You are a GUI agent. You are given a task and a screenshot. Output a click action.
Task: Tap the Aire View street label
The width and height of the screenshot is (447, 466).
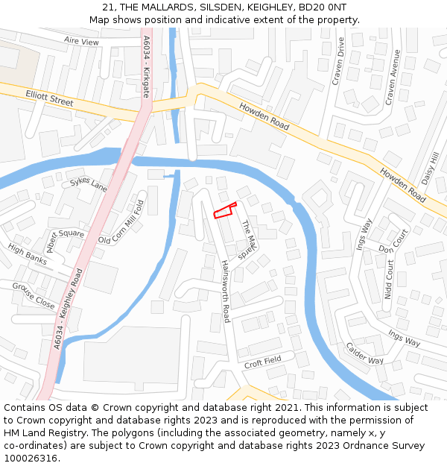[x=81, y=42]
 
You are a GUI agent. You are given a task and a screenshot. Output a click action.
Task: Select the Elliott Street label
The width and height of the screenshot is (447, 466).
[x=50, y=98]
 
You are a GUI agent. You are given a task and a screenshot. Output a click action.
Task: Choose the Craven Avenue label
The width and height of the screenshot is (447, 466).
[x=392, y=76]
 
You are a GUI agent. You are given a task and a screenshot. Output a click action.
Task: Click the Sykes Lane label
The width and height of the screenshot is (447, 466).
[x=89, y=183]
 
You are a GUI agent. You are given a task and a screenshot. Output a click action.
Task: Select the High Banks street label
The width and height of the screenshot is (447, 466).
[x=28, y=255]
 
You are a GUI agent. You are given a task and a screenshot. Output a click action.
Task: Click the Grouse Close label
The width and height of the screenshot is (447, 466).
[x=34, y=296]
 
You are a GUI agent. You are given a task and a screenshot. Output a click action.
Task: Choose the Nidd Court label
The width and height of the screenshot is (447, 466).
[x=389, y=280]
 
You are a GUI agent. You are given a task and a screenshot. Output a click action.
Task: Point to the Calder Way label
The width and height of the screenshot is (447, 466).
[x=364, y=353]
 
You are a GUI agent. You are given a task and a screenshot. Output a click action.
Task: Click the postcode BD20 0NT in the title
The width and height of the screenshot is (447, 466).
[x=324, y=7]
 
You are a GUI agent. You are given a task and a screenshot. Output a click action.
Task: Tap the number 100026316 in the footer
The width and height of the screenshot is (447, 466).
[x=31, y=458]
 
